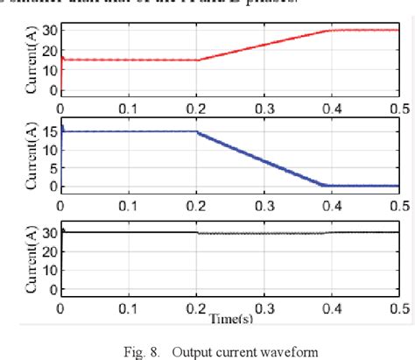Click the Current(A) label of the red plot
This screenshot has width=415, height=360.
pos(33,60)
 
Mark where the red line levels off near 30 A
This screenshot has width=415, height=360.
pos(328,31)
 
